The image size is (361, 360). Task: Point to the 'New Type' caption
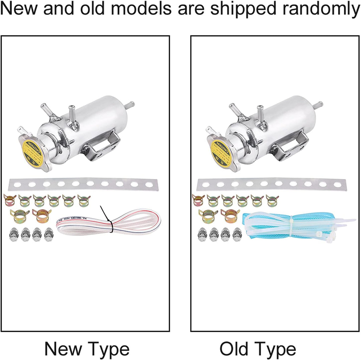tap(87, 349)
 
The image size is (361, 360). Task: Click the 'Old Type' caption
tap(258, 349)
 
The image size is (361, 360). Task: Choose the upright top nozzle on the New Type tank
tap(71, 114)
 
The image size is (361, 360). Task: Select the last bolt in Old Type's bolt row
tap(237, 235)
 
